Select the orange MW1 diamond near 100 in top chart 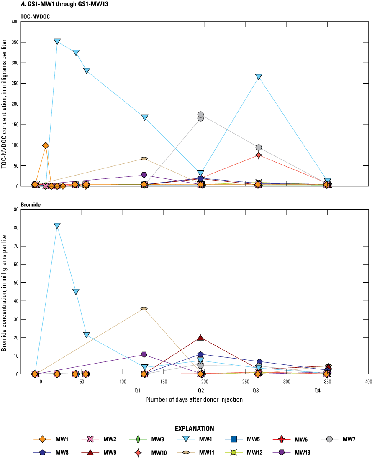tap(46, 145)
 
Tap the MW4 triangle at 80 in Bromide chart tap(57, 226)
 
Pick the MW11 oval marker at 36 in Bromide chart tap(144, 308)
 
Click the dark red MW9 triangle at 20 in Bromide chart tap(200, 338)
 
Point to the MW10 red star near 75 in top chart tap(259, 155)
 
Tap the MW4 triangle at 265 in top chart tap(259, 77)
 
